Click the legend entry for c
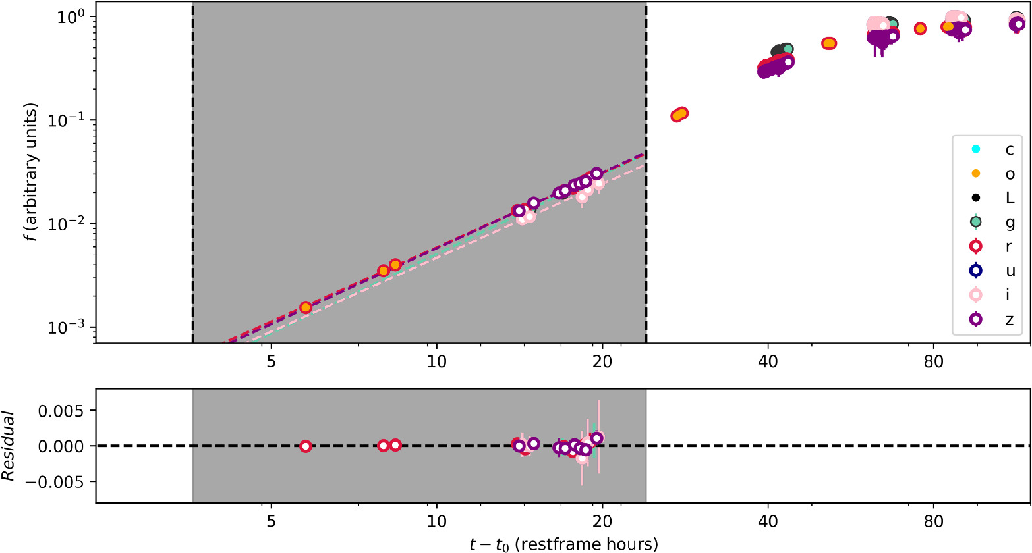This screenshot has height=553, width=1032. coord(992,149)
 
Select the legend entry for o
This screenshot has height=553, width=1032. coord(992,174)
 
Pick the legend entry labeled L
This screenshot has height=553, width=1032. coord(992,198)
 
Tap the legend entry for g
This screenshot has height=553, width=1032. coord(992,223)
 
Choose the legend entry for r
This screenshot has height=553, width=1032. coord(992,247)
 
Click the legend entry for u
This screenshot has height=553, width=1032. coord(992,271)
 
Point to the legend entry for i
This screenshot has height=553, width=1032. coord(992,295)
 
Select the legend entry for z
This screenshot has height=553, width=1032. coord(992,319)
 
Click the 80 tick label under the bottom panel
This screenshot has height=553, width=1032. coord(933,522)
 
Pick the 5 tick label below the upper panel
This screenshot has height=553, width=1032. coord(271,362)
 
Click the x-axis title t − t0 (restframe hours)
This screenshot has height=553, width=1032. coord(563,544)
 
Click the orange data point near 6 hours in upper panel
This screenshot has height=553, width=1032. coord(306,307)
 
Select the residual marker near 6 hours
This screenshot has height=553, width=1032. coord(306,446)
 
